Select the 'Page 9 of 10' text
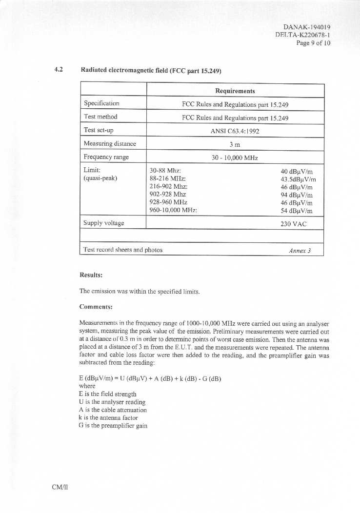pos(313,43)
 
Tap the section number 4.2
pos(59,70)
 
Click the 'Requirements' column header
pos(235,91)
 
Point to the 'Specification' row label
pos(101,103)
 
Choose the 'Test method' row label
pos(100,117)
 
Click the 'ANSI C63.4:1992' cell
pos(235,131)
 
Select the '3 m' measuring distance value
pos(235,144)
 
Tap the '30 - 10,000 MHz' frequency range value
pos(235,158)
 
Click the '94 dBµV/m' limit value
pos(297,195)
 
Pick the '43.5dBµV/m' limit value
pos(295,179)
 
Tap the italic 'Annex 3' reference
pos(300,251)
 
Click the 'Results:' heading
pos(91,276)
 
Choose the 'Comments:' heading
pos(96,307)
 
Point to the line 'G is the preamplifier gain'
pos(113,426)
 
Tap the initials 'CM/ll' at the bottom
pos(60,487)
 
